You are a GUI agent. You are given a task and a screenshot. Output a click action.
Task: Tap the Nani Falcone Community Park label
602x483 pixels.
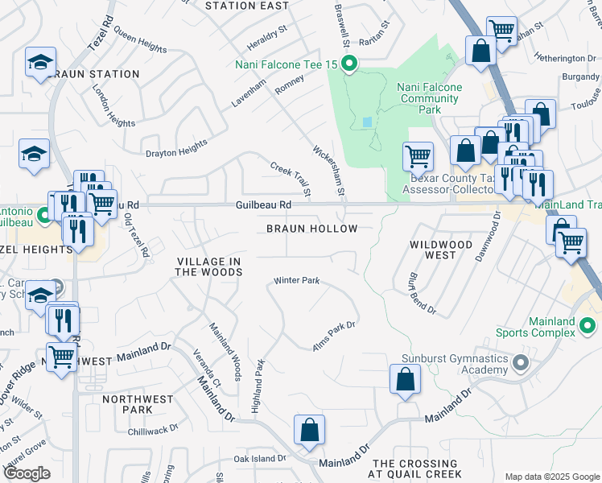[430, 98]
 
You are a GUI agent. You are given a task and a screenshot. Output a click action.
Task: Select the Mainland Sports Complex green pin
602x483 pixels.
[588, 326]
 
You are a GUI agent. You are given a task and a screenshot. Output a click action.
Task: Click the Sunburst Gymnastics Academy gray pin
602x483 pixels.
[520, 364]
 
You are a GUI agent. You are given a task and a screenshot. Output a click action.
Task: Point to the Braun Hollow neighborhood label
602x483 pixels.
[311, 229]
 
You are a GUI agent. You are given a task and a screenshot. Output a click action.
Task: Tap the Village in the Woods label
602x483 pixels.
[209, 267]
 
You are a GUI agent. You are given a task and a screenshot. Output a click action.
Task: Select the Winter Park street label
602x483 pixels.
[297, 281]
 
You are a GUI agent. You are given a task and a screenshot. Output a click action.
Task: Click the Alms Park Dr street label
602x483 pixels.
[334, 336]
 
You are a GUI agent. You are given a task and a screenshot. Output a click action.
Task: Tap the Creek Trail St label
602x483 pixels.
[291, 179]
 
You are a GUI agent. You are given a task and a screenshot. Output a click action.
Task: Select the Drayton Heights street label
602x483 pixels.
[175, 147]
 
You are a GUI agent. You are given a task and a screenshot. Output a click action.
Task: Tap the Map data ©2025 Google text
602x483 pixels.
[551, 477]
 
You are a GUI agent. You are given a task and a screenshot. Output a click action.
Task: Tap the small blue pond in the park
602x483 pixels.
[368, 122]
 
